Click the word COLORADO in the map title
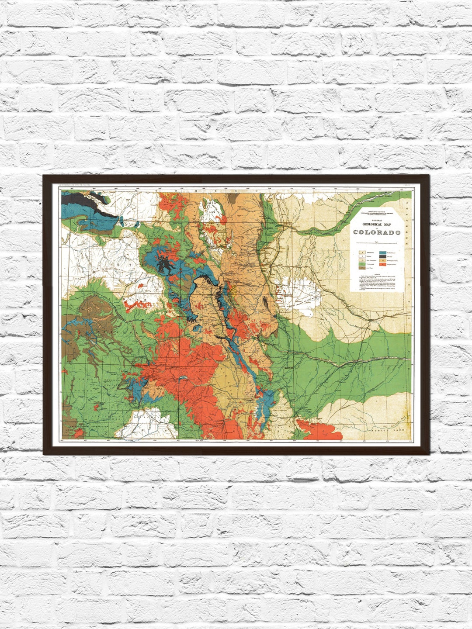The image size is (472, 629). point(377,232)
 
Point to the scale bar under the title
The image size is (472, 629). point(376,242)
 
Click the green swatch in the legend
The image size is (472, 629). point(362,264)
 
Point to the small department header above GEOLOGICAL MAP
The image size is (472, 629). point(376,214)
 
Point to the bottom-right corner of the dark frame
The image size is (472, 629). point(429,454)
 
